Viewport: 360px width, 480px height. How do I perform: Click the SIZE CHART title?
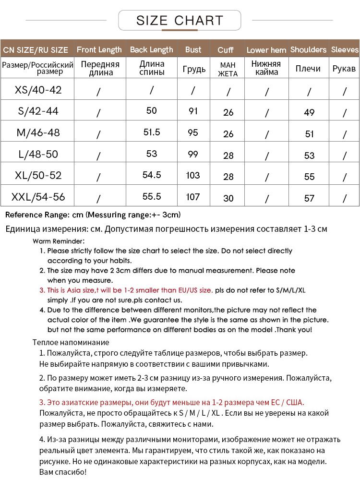[180, 20]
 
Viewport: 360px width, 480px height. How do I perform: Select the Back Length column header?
[151, 49]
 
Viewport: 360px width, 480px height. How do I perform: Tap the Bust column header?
[193, 49]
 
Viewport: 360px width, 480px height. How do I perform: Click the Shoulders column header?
[308, 49]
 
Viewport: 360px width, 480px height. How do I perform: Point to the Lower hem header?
[266, 50]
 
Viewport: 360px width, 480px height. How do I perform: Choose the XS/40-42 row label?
[38, 90]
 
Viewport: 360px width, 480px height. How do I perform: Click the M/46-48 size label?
[38, 132]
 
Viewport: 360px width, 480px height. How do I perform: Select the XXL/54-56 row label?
[38, 197]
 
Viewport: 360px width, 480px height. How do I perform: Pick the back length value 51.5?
[152, 132]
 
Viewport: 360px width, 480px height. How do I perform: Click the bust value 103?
[193, 175]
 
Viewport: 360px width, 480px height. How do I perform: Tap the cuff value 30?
[228, 198]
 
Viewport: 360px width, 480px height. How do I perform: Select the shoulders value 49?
[309, 112]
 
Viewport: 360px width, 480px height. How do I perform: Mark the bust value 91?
[193, 111]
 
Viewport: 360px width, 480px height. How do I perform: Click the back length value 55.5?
[152, 196]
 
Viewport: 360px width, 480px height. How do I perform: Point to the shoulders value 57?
[309, 198]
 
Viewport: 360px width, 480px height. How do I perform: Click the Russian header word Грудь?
[194, 69]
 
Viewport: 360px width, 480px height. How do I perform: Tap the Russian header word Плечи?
[308, 69]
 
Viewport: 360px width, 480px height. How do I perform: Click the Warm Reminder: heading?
[59, 241]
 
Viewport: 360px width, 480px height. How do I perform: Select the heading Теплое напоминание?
[71, 342]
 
